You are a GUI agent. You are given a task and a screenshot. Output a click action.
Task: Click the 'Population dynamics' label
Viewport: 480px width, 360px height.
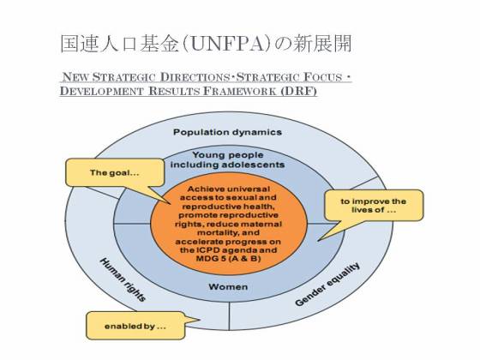[x=227, y=132]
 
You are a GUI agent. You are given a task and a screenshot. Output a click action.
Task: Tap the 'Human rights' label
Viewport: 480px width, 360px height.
[x=123, y=279]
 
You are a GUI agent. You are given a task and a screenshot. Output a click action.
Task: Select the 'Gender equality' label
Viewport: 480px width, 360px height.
[x=327, y=284]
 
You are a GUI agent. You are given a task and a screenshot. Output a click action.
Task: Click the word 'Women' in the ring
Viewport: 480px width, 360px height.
[x=228, y=287]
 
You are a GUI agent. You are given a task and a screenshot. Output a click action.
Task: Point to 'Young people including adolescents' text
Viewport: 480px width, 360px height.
[x=227, y=159]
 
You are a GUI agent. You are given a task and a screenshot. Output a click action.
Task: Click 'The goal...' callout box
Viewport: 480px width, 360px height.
[x=115, y=172]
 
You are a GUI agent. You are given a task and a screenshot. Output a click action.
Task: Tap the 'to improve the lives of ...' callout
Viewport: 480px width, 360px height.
[x=374, y=206]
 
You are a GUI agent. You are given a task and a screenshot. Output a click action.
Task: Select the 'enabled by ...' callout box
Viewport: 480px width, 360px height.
[x=135, y=326]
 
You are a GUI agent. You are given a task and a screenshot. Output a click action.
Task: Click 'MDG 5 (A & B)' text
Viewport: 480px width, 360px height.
[x=228, y=259]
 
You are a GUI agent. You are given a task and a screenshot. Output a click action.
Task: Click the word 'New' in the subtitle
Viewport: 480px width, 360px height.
[x=75, y=77]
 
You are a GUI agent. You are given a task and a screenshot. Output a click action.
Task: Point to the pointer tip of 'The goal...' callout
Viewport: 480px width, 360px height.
[x=171, y=204]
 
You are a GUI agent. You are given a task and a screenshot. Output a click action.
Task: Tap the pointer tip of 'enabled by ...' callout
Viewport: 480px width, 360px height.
[x=200, y=321]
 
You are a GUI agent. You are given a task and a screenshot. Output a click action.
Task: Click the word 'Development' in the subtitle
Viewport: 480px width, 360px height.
[x=102, y=91]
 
